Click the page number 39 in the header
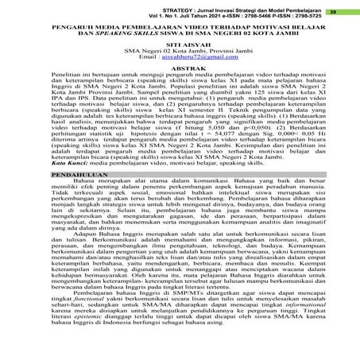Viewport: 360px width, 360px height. pos(345,12)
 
